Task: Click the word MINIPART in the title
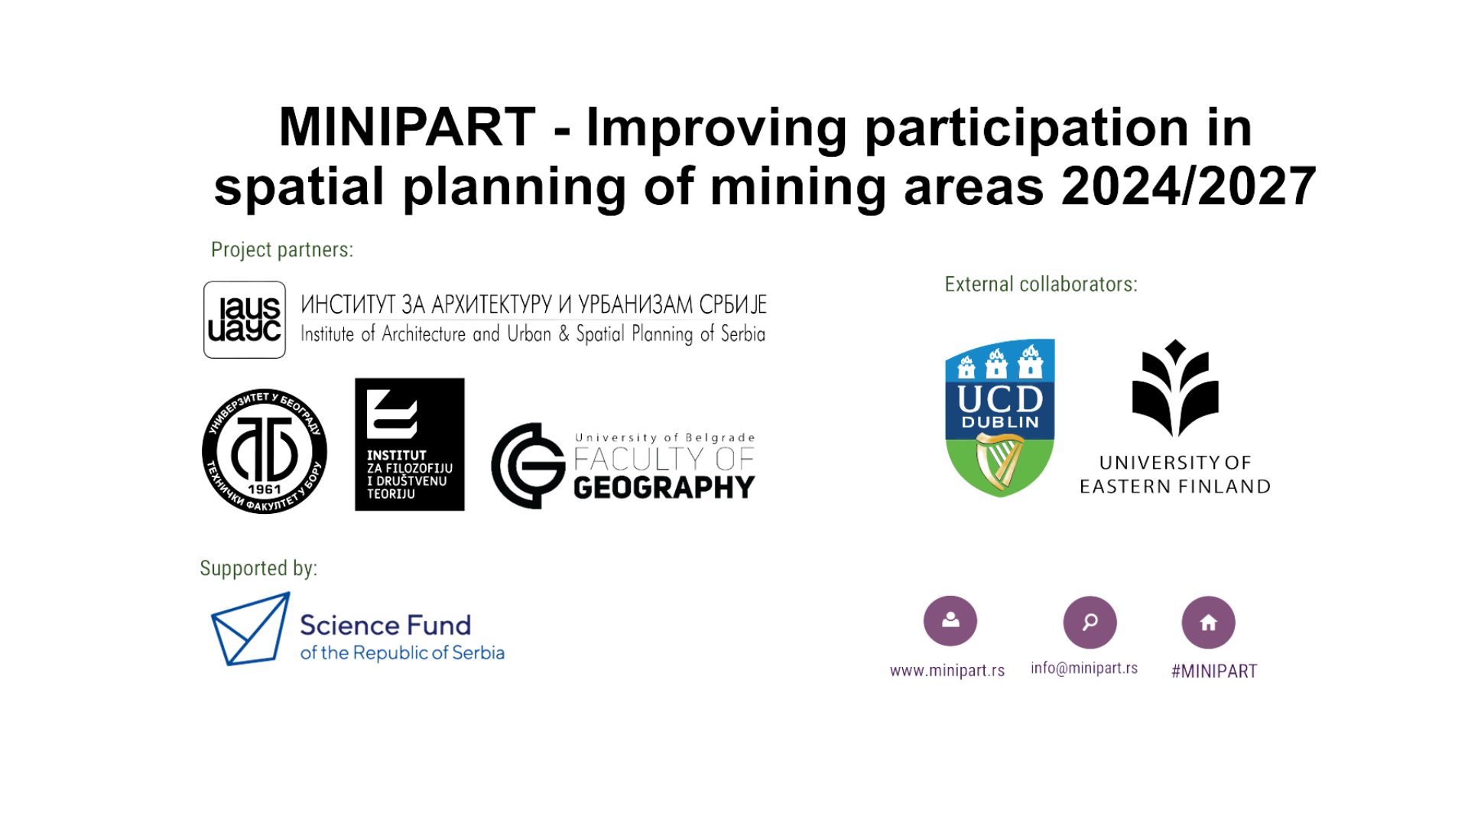407,127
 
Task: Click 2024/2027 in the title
1189,187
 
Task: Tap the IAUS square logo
245,320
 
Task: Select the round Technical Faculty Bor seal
265,451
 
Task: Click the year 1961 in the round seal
265,489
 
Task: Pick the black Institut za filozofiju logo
410,444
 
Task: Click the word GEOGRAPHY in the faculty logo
664,487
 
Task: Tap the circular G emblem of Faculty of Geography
528,465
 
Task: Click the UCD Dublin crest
1000,418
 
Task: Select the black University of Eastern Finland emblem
1175,389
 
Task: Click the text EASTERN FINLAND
1175,486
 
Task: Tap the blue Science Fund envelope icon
251,629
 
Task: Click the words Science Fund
385,626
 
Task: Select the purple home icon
1209,623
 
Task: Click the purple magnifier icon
1090,623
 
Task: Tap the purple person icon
950,621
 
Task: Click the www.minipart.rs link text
947,671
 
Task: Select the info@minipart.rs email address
1084,668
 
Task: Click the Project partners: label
282,250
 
